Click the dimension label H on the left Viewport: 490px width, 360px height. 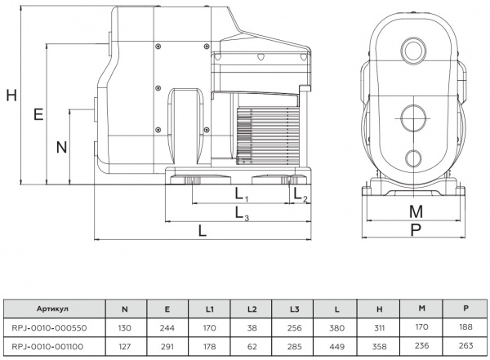11,94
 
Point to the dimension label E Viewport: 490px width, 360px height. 38,114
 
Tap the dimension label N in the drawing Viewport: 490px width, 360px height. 60,147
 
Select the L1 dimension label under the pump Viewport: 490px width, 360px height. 242,195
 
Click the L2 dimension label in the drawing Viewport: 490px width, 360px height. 301,195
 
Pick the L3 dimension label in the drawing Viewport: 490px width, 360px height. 242,213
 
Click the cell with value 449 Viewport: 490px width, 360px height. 338,346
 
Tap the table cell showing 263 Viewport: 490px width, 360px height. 465,346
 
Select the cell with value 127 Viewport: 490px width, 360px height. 124,346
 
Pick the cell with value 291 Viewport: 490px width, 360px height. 167,346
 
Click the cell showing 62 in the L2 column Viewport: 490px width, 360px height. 252,346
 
